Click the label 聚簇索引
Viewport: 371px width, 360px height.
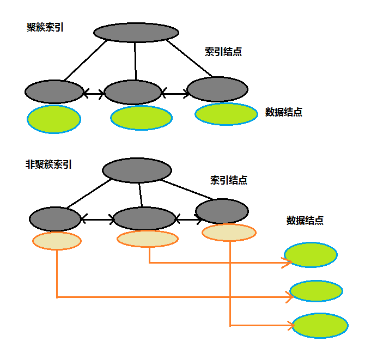[x=45, y=27]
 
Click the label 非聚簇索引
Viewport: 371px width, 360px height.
[x=49, y=163]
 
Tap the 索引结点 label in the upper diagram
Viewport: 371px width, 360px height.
[x=223, y=52]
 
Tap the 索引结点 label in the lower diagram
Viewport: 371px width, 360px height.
[x=229, y=180]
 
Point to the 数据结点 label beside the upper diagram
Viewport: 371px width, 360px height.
[x=284, y=112]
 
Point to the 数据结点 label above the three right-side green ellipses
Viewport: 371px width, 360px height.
[x=305, y=221]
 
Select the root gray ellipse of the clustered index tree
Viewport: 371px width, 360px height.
[x=136, y=32]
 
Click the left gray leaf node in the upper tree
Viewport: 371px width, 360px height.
[x=54, y=91]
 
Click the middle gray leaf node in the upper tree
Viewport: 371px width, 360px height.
[x=133, y=92]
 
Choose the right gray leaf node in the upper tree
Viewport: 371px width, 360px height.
[x=217, y=89]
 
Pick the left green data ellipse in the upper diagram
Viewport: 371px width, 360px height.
[x=54, y=119]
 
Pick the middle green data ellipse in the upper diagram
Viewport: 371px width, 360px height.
[x=142, y=118]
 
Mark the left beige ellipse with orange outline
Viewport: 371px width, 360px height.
[x=57, y=240]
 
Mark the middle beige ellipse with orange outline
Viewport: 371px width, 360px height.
[x=148, y=239]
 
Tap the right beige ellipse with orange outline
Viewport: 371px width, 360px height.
[x=229, y=233]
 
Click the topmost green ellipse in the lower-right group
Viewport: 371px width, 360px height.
[x=311, y=254]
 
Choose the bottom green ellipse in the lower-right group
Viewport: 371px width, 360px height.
[x=320, y=326]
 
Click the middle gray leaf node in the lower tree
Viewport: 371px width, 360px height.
[x=145, y=218]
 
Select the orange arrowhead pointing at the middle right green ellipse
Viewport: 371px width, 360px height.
[x=288, y=297]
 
